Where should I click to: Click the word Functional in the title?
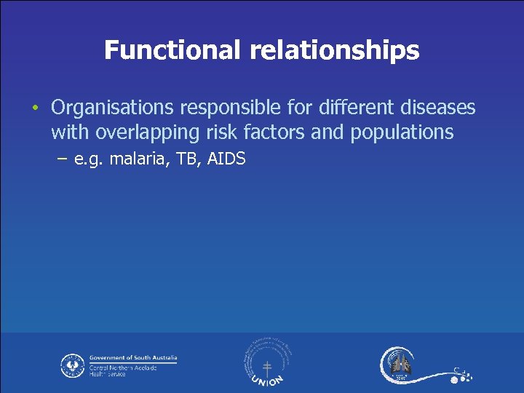172,50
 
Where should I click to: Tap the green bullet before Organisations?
34,109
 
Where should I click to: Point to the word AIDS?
226,158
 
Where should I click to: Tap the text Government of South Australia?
132,358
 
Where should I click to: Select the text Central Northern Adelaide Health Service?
119,371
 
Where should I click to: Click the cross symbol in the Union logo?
267,368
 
